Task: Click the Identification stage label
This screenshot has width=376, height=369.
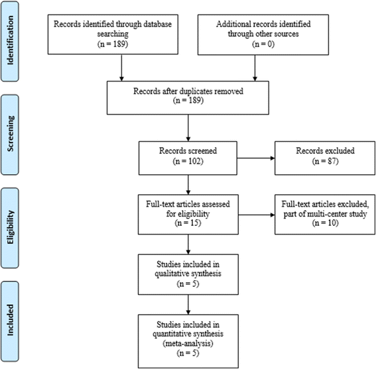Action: (10, 41)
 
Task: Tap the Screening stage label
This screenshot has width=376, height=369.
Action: (10, 134)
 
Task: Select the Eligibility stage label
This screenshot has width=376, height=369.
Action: (10, 228)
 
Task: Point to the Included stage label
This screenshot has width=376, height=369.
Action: (10, 321)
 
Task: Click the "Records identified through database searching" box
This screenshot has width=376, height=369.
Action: (113, 34)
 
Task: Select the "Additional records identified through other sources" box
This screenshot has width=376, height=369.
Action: (263, 34)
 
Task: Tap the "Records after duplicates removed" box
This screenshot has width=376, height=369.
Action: (188, 98)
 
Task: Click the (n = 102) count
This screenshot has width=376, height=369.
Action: (188, 161)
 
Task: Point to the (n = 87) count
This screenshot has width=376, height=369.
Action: (325, 161)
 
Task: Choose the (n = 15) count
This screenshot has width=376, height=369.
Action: (188, 223)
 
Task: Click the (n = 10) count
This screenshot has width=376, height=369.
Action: (325, 223)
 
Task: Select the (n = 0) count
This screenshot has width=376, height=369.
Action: (263, 44)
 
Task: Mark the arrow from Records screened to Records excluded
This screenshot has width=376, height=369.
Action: (256, 158)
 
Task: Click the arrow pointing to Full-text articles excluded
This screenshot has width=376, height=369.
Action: (257, 215)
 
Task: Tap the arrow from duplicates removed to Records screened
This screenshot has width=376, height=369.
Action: (188, 128)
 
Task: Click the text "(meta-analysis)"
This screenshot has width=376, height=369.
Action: (188, 344)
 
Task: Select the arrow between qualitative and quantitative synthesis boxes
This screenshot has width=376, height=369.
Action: (188, 305)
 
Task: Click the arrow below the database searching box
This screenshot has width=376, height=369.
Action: (121, 68)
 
